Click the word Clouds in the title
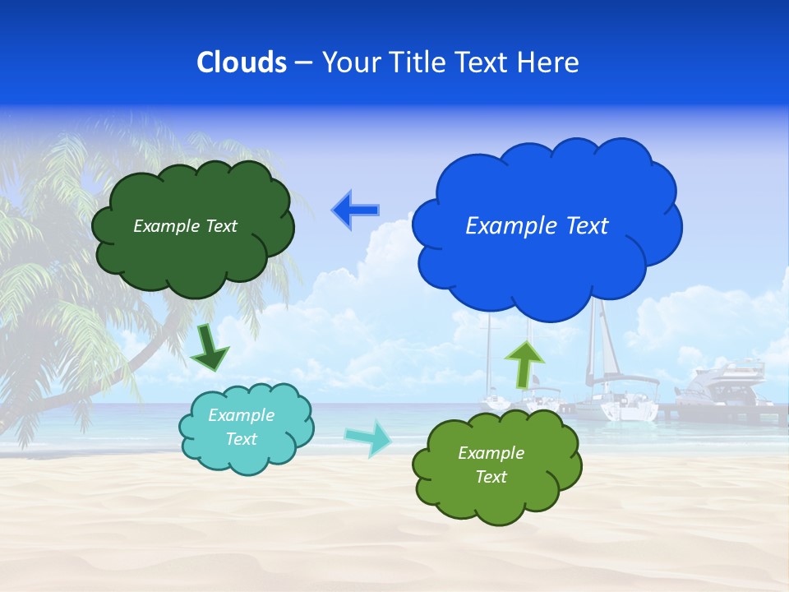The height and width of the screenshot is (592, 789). pyautogui.click(x=241, y=62)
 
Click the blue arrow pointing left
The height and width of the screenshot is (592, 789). pyautogui.click(x=355, y=210)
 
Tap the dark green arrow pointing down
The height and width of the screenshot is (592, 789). pyautogui.click(x=209, y=347)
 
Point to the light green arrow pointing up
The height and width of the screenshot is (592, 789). pyautogui.click(x=524, y=363)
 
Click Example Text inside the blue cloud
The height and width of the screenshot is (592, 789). pyautogui.click(x=537, y=226)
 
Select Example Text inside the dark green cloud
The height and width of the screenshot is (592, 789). pyautogui.click(x=185, y=226)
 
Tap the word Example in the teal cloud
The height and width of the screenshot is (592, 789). pyautogui.click(x=241, y=415)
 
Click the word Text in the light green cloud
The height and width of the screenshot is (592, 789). pyautogui.click(x=491, y=477)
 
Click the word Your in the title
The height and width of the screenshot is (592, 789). pyautogui.click(x=348, y=62)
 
